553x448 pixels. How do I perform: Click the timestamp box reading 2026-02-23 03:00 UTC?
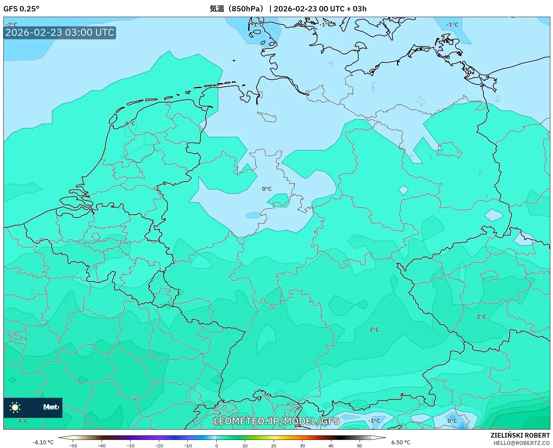pos(60,32)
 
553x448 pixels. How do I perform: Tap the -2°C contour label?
pos(12,24)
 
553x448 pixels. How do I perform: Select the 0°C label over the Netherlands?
pos(130,124)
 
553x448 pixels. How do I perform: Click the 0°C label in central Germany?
pos(267,189)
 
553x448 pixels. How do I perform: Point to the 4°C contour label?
pos(23,421)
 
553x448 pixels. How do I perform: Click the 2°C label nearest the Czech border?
pos(374,329)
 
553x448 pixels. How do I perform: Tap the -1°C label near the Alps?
pos(374,421)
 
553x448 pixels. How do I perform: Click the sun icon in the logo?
pos(15,407)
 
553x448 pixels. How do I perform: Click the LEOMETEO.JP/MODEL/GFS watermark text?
pos(276,421)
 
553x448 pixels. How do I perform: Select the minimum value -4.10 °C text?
pos(43,442)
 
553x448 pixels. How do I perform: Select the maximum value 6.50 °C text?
pos(401,442)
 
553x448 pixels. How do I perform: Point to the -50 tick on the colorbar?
pos(73,445)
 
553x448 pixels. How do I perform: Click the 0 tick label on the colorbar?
pos(216,445)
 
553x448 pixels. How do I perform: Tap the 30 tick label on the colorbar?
pos(302,445)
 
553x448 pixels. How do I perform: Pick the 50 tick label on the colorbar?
pos(360,445)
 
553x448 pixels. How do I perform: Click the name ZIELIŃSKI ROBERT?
pos(520,435)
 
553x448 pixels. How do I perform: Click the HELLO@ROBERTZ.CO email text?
pos(521,443)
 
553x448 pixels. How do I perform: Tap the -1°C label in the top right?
pos(452,24)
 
